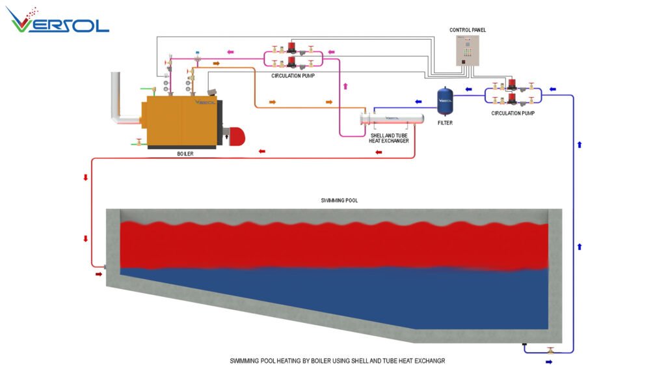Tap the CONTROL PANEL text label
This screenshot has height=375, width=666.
point(468,30)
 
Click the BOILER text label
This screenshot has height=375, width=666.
point(185,154)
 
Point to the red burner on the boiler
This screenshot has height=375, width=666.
point(235,135)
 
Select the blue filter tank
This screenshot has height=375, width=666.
point(445,97)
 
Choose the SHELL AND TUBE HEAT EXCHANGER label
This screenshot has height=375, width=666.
point(390,137)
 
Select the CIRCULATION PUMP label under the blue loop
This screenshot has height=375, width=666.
point(513,113)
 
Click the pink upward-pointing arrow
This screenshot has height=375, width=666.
point(345,85)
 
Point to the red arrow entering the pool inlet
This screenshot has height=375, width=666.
point(99,274)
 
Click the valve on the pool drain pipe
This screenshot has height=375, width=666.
point(550,351)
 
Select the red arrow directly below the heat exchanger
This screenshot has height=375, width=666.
point(379,152)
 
